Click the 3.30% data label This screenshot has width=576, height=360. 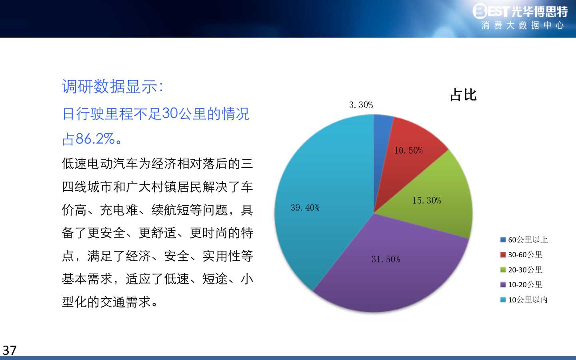coord(361,105)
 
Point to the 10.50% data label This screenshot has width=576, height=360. coord(408,150)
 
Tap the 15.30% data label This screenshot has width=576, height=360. coord(426,200)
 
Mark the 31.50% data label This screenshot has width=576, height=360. coord(386,259)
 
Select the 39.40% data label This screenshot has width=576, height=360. coord(305,208)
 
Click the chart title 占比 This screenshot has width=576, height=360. coord(463,95)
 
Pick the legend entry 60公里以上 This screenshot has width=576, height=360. coord(524,240)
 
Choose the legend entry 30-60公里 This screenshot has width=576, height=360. coord(521,254)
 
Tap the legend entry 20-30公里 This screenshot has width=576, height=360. coord(521,270)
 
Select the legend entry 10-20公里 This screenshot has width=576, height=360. coord(521,285)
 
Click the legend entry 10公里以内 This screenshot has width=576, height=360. coord(524,300)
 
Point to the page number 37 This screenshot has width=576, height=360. coord(10,350)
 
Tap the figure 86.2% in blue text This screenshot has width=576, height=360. coord(95,138)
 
